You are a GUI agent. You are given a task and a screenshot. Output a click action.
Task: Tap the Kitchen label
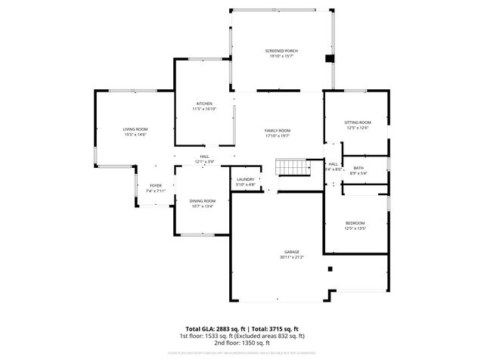(204, 104)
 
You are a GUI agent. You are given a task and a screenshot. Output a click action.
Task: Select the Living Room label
(135, 129)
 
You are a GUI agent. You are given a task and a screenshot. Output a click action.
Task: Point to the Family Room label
(278, 131)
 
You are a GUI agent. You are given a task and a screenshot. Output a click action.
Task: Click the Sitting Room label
(358, 123)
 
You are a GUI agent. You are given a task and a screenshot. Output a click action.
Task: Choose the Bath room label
(358, 168)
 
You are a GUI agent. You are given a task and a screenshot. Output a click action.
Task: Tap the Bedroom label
(355, 223)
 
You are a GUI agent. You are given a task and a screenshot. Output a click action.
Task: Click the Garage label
(292, 252)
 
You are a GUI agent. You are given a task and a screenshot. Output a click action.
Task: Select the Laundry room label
(246, 179)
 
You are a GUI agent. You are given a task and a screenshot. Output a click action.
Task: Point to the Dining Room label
(203, 200)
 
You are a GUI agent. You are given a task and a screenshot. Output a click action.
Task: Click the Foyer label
(155, 185)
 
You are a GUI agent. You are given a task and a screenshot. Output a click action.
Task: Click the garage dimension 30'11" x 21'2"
(292, 257)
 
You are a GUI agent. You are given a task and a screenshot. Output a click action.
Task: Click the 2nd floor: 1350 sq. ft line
(242, 343)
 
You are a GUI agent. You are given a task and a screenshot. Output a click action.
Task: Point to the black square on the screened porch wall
(329, 58)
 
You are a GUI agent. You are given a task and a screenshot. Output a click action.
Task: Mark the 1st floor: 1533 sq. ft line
(242, 336)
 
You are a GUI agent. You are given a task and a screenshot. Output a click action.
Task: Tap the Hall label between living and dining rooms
(204, 157)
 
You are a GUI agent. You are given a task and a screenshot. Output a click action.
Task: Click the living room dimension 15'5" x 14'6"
(135, 135)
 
